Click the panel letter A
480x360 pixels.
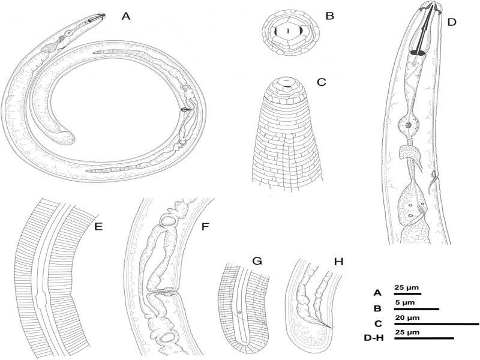[125, 16]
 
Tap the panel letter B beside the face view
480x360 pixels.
[329, 16]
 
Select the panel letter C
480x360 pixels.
[321, 82]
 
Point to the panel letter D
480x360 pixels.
[452, 22]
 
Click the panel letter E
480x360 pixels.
[98, 227]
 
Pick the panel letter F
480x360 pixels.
[205, 227]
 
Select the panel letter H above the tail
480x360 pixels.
[338, 262]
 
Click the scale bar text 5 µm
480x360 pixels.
[404, 303]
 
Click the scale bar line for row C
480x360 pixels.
[437, 323]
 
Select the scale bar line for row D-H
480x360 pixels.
[424, 338]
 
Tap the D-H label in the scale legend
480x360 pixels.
[374, 338]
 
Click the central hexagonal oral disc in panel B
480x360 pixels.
[288, 31]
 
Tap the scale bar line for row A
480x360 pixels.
[408, 294]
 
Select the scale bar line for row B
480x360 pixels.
[416, 309]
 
